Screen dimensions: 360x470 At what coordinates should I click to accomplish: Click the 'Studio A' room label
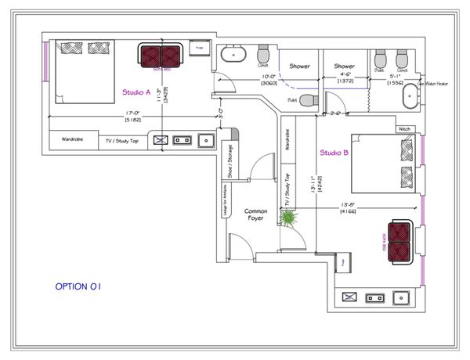pyautogui.click(x=136, y=92)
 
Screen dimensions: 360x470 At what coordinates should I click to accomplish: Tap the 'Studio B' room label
pyautogui.click(x=334, y=153)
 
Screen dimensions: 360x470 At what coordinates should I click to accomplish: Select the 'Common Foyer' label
pyautogui.click(x=256, y=215)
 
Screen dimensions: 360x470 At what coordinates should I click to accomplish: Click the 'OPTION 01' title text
pyautogui.click(x=78, y=286)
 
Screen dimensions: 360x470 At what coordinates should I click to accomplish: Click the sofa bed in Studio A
pyautogui.click(x=161, y=56)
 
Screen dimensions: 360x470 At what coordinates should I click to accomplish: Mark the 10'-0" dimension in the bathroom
pyautogui.click(x=269, y=77)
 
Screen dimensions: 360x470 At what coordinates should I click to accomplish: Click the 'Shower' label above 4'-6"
pyautogui.click(x=345, y=67)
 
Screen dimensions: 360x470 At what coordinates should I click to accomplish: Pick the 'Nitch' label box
pyautogui.click(x=404, y=129)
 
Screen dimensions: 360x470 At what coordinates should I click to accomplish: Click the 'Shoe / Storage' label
pyautogui.click(x=230, y=159)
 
